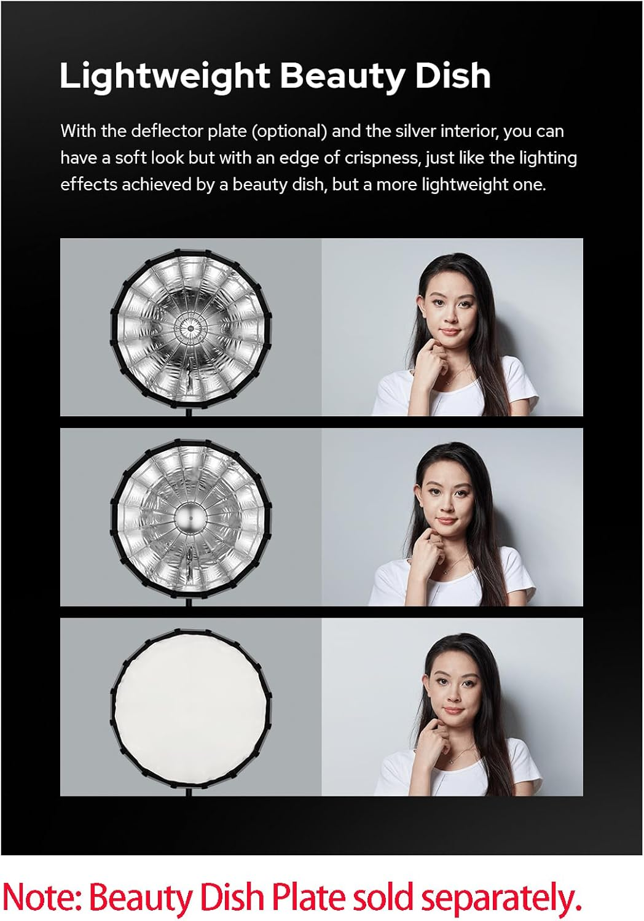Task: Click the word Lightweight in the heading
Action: point(165,77)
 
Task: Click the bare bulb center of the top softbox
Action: point(190,328)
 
